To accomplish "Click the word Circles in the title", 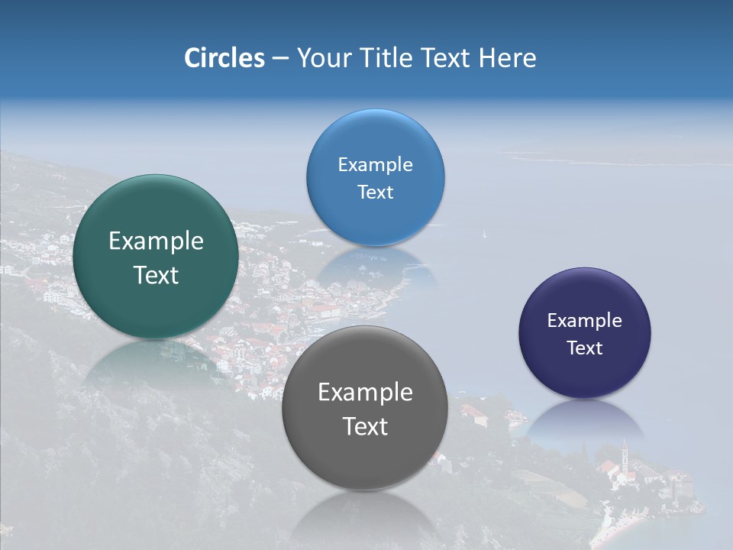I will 224,58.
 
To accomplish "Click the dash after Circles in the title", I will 280,59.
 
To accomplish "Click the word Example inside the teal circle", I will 156,241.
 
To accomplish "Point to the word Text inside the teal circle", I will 156,275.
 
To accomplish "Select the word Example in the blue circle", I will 375,165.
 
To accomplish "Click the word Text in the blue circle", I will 375,192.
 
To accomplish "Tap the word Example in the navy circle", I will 585,321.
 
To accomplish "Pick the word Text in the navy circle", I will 585,348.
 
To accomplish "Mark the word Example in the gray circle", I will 365,393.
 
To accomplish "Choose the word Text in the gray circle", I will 365,426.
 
